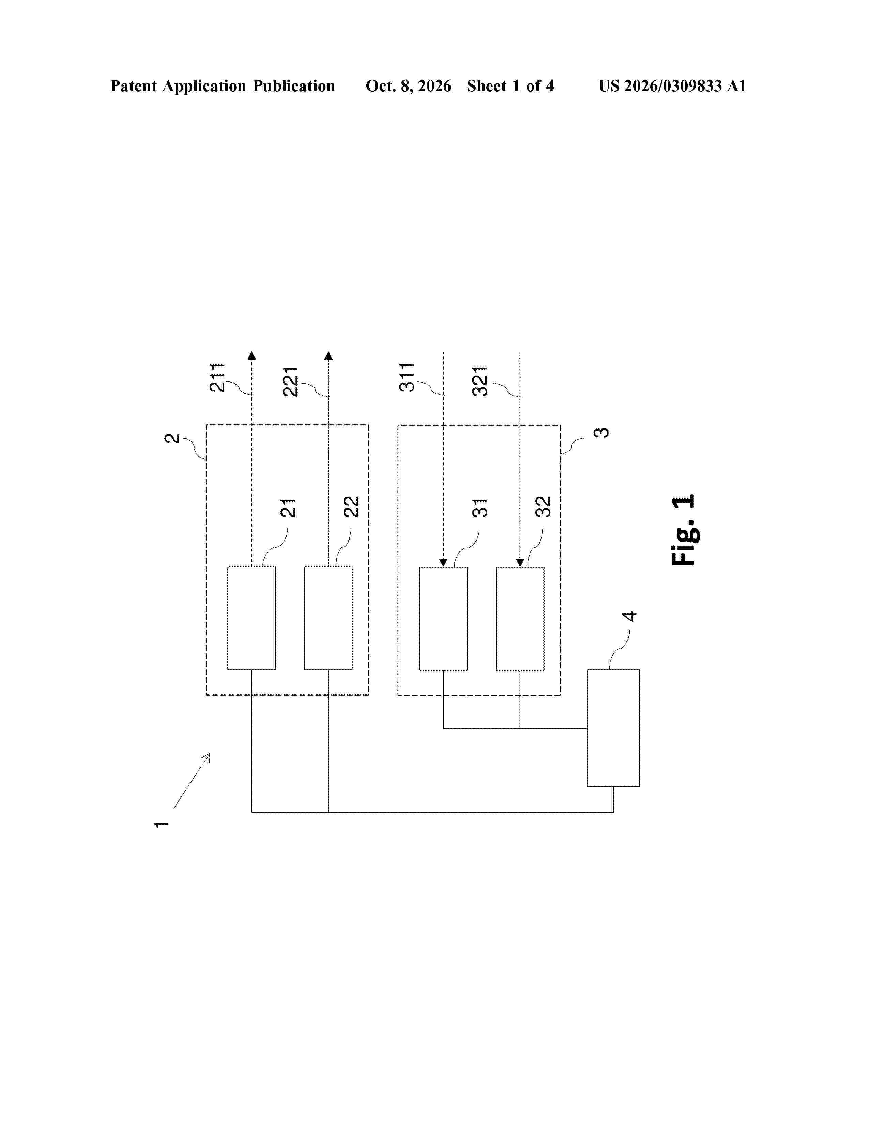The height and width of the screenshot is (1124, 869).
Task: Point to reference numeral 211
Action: click(x=217, y=377)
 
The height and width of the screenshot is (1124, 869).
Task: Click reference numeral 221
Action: click(x=291, y=381)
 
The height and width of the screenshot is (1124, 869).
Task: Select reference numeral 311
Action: click(x=407, y=377)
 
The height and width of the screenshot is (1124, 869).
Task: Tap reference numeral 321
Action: click(x=480, y=381)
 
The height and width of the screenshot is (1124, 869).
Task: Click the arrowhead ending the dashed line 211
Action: click(x=252, y=355)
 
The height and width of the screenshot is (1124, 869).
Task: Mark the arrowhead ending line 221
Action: click(x=329, y=355)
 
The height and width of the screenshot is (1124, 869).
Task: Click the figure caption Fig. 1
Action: click(x=684, y=530)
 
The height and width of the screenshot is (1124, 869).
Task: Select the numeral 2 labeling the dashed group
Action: click(x=172, y=438)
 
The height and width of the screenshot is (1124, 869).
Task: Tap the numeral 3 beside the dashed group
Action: click(x=601, y=432)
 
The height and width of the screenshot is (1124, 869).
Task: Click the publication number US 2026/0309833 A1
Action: click(x=672, y=86)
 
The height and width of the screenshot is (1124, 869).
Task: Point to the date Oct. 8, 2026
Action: click(x=408, y=86)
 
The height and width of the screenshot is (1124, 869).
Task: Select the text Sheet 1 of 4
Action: click(x=510, y=86)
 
